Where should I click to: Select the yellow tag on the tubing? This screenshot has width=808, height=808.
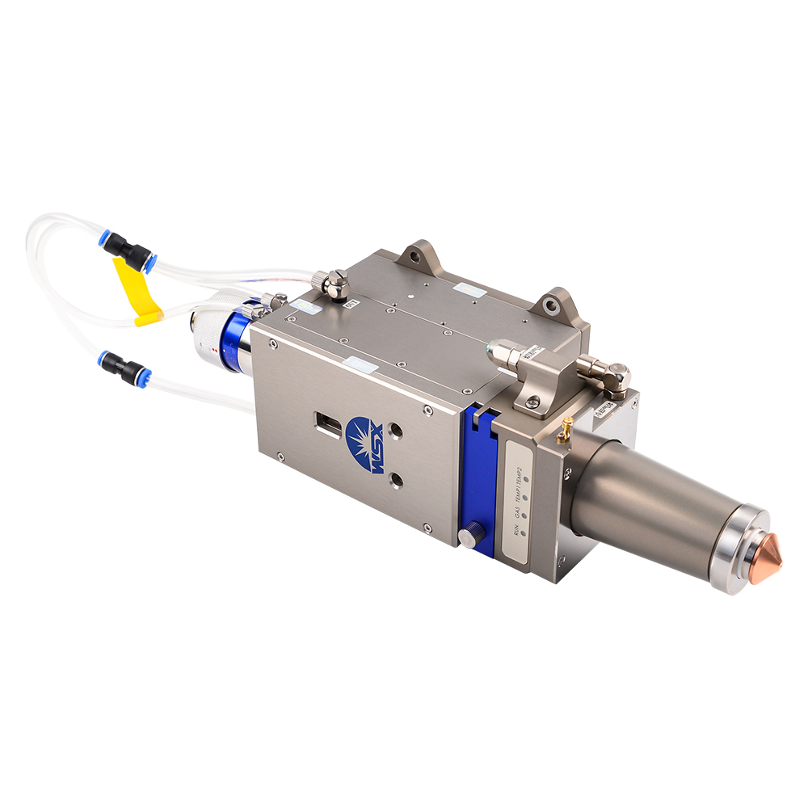point(135,287)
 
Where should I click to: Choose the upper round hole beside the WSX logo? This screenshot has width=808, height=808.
point(396,432)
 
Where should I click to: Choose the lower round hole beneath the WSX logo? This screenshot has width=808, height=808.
point(396,481)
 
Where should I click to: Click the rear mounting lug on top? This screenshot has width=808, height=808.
point(415,256)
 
